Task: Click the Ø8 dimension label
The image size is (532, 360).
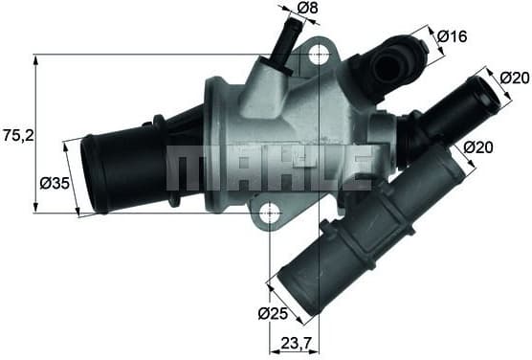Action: [307, 10]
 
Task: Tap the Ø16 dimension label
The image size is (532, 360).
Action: [452, 36]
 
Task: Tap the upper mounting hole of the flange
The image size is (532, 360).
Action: [319, 57]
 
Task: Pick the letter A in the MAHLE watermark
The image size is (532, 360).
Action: [234, 167]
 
